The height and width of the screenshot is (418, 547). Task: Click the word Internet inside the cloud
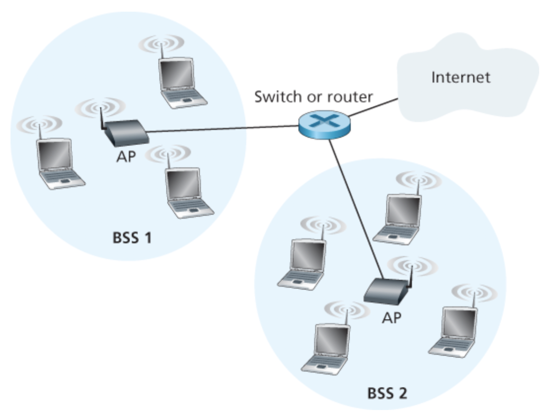(460, 77)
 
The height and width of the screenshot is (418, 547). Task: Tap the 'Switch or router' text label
(313, 96)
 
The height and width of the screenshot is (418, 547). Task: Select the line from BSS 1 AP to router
(220, 129)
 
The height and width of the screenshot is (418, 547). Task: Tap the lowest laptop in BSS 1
(187, 192)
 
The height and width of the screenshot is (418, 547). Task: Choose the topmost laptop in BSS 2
(400, 218)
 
